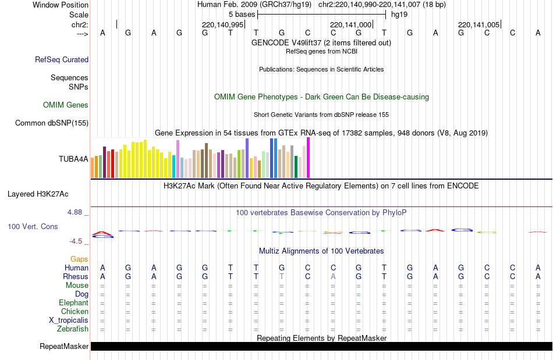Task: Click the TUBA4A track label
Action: tap(73, 158)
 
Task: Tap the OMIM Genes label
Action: tap(66, 105)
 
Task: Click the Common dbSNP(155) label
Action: tap(52, 123)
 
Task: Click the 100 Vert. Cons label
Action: tap(33, 226)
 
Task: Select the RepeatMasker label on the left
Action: tap(64, 347)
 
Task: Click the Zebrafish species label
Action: tap(73, 329)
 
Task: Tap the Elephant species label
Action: tap(73, 302)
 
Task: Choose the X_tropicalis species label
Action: tap(69, 320)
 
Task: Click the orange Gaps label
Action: tap(79, 259)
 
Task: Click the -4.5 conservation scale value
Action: tap(77, 241)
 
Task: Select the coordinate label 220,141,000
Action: tap(350, 24)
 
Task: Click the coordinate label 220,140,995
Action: tap(222, 24)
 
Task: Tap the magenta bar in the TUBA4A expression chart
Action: tap(308, 158)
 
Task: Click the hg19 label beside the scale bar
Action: tap(399, 13)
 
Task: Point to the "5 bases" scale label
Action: tap(242, 13)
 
